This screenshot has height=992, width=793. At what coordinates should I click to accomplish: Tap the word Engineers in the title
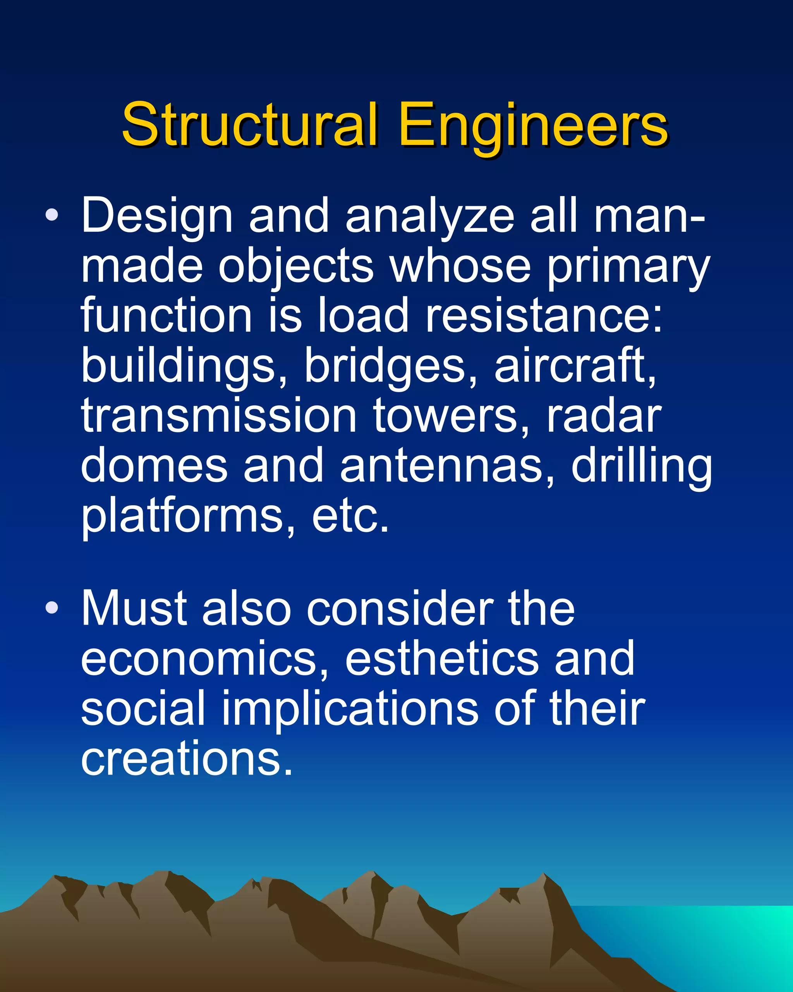tap(533, 127)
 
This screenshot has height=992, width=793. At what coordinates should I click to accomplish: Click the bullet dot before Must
tap(52, 608)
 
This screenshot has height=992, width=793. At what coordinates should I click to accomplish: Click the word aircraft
tap(575, 366)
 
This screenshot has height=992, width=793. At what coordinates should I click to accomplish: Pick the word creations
tap(186, 758)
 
